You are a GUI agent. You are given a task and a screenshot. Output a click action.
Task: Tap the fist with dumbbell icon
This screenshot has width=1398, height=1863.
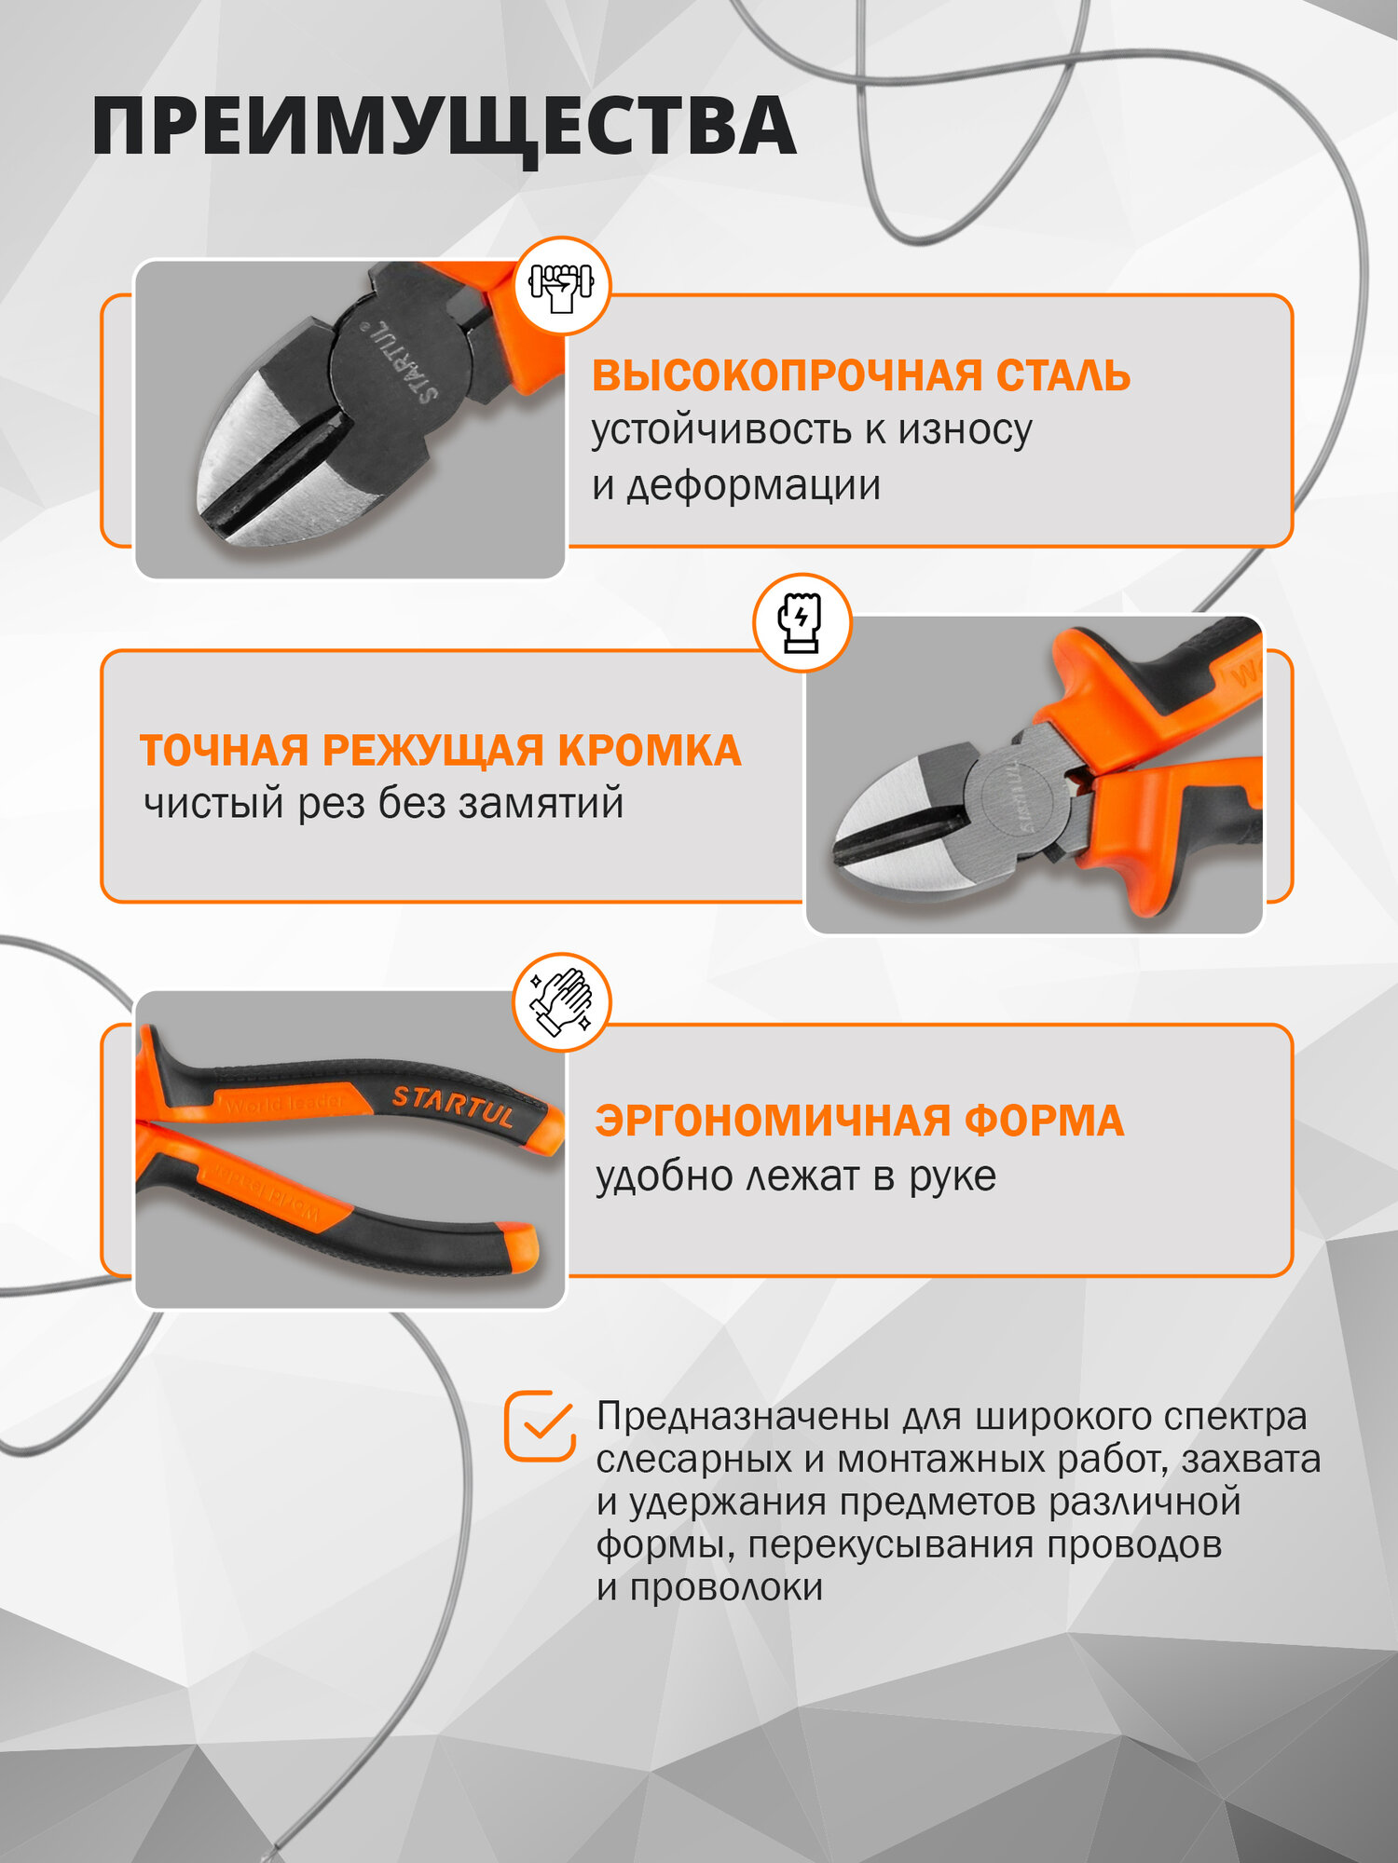click(561, 286)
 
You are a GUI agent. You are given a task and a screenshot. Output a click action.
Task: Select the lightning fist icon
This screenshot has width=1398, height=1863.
click(801, 622)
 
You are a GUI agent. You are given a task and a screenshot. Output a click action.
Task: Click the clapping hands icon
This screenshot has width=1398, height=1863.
click(561, 1002)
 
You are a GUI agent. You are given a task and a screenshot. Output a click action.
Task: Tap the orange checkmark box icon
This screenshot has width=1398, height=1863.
click(540, 1426)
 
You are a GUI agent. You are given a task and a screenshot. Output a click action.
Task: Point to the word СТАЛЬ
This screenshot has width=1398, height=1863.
click(1062, 376)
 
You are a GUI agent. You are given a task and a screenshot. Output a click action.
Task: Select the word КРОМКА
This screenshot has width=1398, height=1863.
click(649, 751)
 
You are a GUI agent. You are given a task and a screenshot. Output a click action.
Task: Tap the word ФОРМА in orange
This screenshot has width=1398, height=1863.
click(1044, 1121)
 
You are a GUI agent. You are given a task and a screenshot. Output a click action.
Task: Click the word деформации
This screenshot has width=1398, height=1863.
click(753, 486)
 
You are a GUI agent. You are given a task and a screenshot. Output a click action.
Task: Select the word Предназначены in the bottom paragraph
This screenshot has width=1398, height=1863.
click(742, 1417)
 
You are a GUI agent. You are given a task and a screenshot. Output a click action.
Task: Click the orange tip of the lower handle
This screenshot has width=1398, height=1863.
click(518, 1247)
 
